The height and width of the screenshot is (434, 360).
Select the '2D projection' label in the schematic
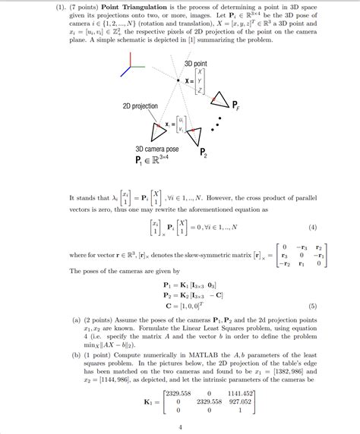(x=139, y=106)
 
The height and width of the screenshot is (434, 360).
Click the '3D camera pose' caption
(x=156, y=149)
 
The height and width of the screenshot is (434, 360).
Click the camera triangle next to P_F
(x=219, y=99)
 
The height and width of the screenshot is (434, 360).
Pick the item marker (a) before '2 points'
(x=77, y=320)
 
